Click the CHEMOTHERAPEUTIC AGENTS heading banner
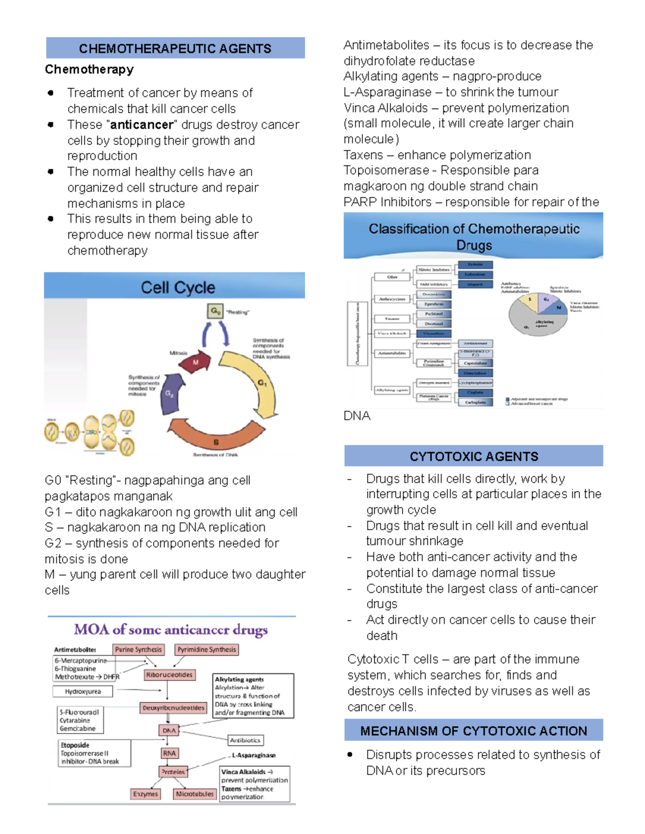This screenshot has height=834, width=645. click(175, 48)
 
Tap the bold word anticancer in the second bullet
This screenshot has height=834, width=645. click(142, 125)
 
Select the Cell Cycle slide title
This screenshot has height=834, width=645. click(177, 287)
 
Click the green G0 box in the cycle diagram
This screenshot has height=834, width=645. click(215, 311)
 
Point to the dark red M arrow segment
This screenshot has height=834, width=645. click(195, 363)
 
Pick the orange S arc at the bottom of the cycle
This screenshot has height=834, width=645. click(216, 435)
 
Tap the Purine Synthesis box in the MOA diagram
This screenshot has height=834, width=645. click(138, 649)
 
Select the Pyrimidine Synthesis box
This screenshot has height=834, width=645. click(207, 649)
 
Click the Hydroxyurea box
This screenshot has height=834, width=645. click(83, 692)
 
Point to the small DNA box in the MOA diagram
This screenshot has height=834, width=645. click(169, 730)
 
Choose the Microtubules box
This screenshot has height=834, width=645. click(195, 794)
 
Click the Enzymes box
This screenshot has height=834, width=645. click(146, 794)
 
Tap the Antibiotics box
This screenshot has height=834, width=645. click(245, 740)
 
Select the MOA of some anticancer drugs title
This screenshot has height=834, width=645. click(171, 629)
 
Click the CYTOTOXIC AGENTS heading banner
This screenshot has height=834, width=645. click(474, 456)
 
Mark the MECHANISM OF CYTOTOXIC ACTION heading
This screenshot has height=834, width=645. click(474, 731)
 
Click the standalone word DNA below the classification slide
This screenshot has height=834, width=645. click(357, 416)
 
